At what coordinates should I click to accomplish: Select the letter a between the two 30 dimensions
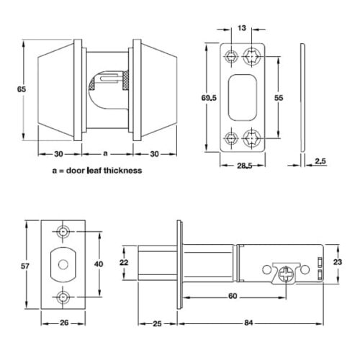pos(106,153)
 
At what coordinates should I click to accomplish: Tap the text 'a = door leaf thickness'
pos(96,171)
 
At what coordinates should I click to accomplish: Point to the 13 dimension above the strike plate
pos(241,28)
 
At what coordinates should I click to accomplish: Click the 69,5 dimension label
pos(207,95)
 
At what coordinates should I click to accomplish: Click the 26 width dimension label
pos(64,323)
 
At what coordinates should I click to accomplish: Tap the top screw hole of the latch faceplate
pos(65,231)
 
